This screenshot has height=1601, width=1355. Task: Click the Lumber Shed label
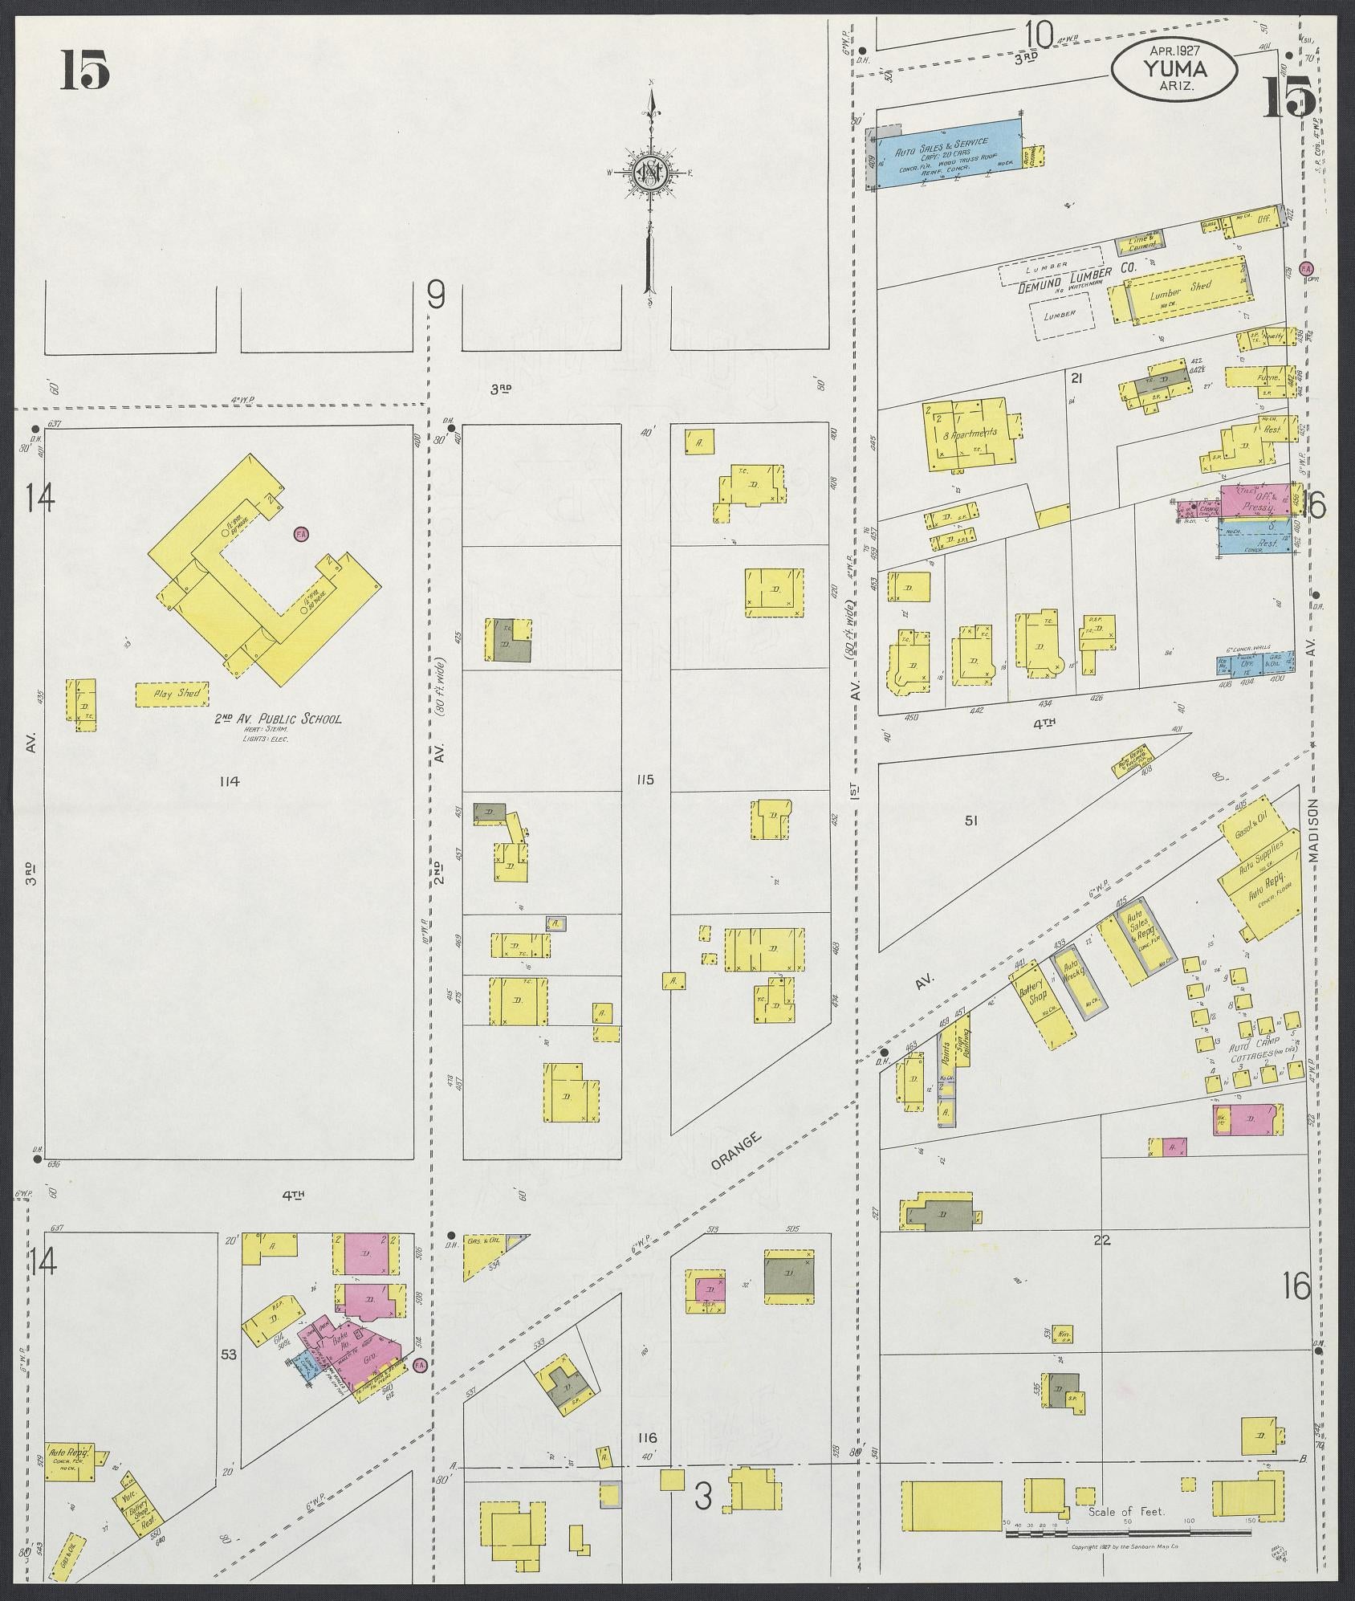pos(1179,293)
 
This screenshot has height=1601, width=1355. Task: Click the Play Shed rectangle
pos(172,694)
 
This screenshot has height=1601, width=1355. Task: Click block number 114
pos(229,780)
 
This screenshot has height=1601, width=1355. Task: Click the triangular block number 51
pos(972,821)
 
